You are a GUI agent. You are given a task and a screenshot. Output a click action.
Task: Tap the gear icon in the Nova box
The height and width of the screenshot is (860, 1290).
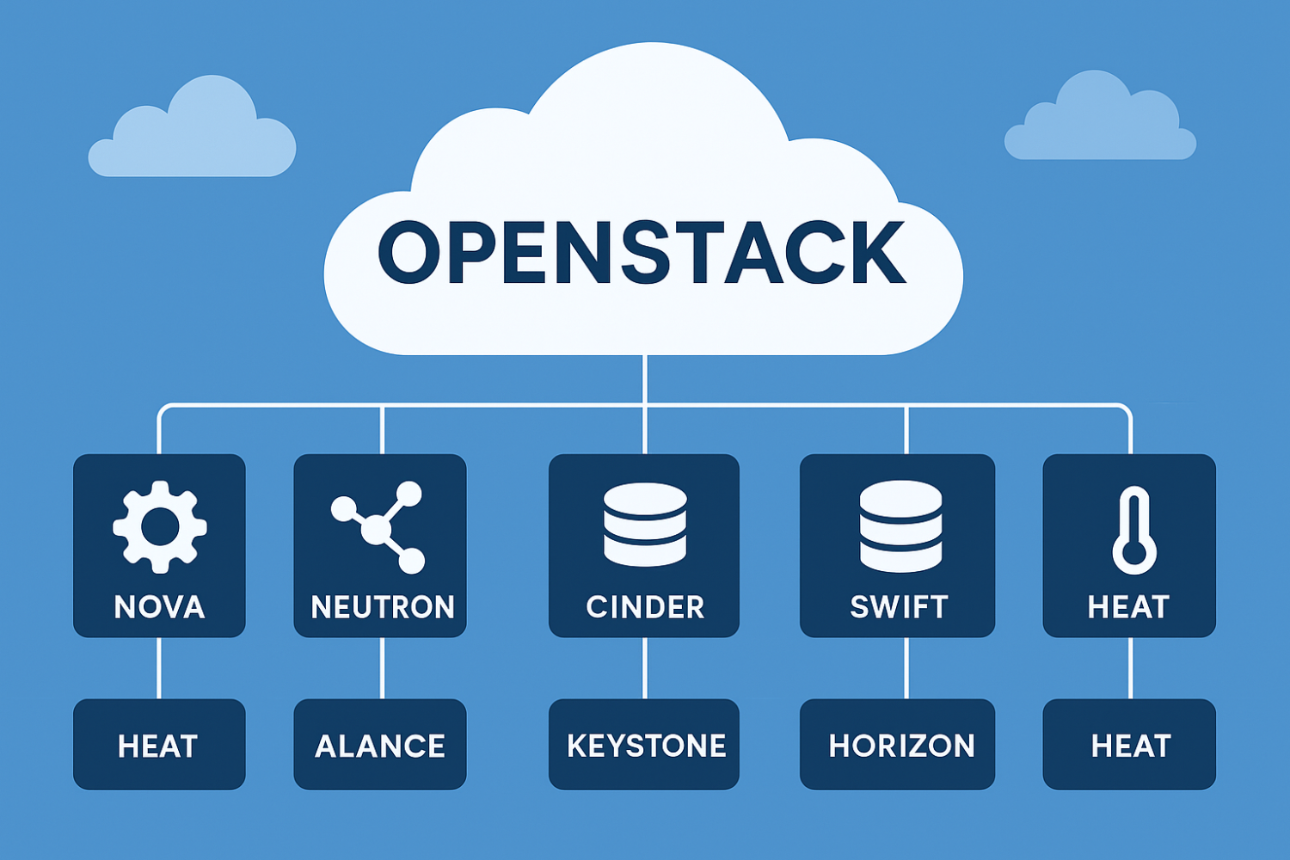159,526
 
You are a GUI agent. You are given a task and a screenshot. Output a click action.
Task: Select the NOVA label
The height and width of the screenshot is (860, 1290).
159,607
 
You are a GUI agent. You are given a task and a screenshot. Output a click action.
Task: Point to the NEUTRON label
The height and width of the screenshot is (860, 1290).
382,607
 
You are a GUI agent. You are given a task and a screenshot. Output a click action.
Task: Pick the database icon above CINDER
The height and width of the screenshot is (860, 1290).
645,524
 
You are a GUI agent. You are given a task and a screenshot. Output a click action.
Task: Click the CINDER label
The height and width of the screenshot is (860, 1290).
645,607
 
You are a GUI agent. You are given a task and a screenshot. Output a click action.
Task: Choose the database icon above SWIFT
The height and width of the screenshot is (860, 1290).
900,525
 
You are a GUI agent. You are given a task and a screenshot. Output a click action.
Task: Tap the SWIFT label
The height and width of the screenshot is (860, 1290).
899,607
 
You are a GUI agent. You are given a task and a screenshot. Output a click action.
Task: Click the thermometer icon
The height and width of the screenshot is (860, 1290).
1133,530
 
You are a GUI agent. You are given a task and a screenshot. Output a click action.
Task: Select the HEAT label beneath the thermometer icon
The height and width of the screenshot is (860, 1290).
1128,607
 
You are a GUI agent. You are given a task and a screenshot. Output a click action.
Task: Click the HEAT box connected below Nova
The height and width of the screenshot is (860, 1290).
159,745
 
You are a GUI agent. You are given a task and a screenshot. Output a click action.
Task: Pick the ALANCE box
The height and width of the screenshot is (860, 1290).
380,745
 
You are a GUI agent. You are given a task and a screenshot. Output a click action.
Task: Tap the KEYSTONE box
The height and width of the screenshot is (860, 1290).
645,745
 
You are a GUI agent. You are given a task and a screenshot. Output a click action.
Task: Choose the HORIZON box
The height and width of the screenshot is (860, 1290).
900,745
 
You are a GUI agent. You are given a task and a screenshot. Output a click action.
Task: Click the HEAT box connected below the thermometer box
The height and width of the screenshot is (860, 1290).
1130,745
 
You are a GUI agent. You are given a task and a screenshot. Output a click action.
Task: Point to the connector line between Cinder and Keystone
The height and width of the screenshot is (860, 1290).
645,668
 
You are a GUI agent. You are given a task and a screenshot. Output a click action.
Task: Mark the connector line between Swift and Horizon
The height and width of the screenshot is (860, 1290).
906,668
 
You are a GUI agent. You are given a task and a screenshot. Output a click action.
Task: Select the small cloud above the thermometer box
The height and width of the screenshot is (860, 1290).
1099,120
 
